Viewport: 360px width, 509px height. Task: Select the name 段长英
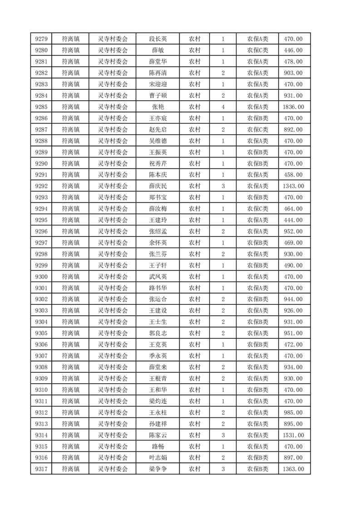click(x=158, y=39)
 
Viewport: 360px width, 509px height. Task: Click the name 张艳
click(x=158, y=107)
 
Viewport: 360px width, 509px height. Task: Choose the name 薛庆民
click(x=158, y=186)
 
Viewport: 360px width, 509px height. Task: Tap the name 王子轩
click(x=158, y=265)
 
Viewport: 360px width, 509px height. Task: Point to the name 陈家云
click(x=158, y=435)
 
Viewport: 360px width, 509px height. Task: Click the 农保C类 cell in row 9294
click(x=257, y=209)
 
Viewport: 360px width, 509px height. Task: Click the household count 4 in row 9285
click(x=223, y=107)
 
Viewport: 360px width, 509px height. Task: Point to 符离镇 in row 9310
click(x=70, y=390)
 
